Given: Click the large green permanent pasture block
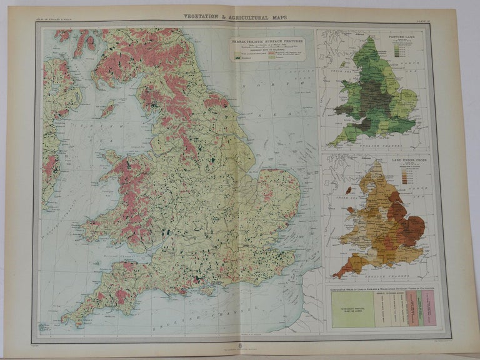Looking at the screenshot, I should click(x=351, y=312).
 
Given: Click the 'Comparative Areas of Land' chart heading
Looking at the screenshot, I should click(x=384, y=288).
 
